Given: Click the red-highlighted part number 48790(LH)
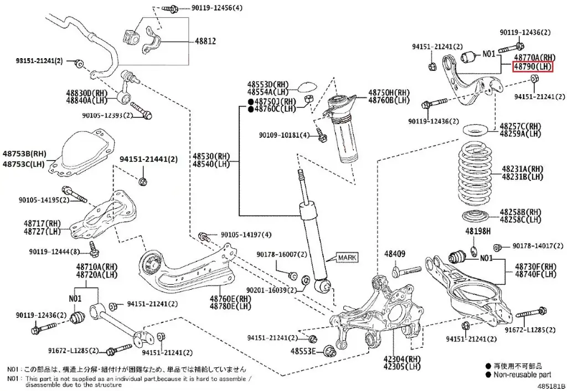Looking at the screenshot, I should click(533, 66).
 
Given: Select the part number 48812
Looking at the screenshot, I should click(204, 42).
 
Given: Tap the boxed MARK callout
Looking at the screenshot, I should click(347, 258).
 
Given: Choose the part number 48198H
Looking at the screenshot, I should click(478, 230).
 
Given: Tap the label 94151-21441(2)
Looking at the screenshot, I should click(148, 160).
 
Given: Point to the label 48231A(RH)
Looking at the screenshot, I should click(523, 168).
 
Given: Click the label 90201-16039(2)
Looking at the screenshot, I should click(271, 290).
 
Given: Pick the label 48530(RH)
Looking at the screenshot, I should click(211, 156).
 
